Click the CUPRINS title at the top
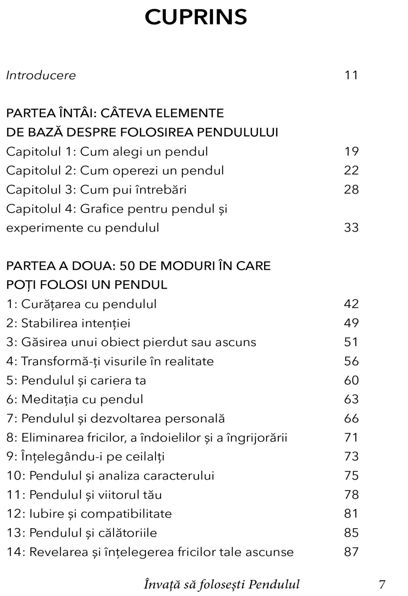(x=196, y=17)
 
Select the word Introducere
(x=41, y=75)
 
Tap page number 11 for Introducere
(x=351, y=75)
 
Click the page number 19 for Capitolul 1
(x=351, y=151)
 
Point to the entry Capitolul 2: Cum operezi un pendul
(x=115, y=171)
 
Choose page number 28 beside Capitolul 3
(x=351, y=190)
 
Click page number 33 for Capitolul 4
(x=351, y=228)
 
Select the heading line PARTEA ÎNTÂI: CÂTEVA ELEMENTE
(x=115, y=113)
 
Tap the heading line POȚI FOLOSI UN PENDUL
(x=87, y=285)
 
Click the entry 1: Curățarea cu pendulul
(x=81, y=304)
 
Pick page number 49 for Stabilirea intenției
(x=351, y=323)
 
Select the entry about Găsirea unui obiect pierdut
(x=131, y=342)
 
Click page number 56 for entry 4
(x=351, y=361)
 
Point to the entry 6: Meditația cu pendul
(x=75, y=399)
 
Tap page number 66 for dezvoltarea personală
(x=351, y=418)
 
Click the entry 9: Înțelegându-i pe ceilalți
(x=85, y=457)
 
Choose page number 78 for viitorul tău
(x=351, y=495)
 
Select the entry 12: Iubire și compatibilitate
(x=89, y=514)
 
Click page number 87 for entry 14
(x=351, y=552)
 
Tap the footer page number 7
(x=382, y=584)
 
